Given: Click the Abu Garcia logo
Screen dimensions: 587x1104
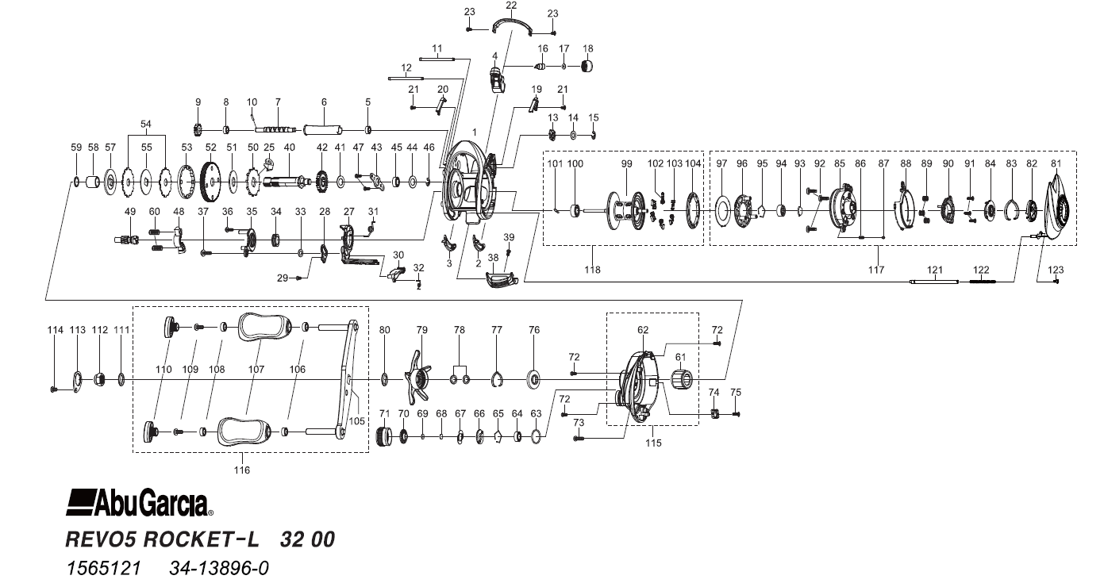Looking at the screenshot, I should tap(140, 502).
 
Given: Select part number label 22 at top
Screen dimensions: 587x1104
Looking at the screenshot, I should tap(511, 6).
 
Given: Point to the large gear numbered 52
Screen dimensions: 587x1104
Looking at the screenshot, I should tap(210, 182).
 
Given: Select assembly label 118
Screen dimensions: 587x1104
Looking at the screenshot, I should tap(592, 270).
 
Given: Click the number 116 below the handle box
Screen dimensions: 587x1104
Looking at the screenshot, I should tap(242, 470).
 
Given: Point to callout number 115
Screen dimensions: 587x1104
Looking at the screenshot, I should tap(652, 443).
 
